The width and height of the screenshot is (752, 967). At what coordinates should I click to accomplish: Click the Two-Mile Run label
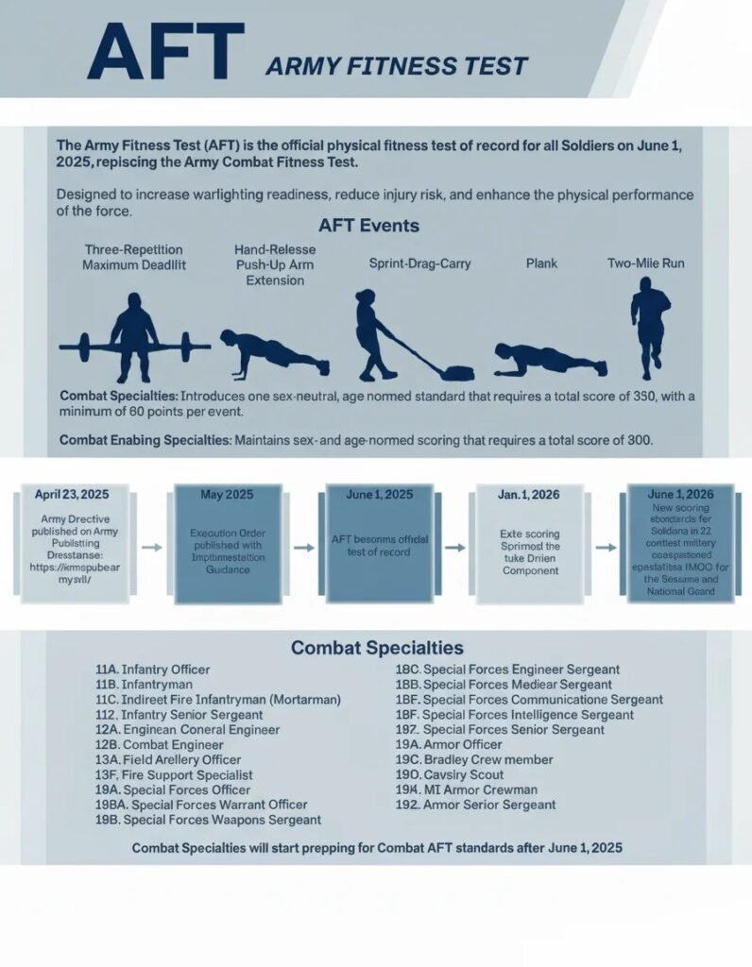click(646, 263)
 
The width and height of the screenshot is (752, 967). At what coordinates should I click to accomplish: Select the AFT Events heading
click(369, 227)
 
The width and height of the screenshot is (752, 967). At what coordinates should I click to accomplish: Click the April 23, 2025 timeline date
click(72, 494)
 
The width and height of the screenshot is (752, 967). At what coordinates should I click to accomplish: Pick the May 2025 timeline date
click(227, 494)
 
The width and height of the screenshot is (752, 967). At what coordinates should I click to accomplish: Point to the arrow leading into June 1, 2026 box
click(607, 547)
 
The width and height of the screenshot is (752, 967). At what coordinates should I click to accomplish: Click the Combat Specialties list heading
click(377, 648)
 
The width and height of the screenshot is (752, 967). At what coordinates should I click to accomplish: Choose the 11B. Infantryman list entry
click(145, 684)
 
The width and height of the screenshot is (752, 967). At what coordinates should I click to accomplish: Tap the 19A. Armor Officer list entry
click(449, 744)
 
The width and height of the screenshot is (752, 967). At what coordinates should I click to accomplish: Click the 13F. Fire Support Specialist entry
click(175, 774)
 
